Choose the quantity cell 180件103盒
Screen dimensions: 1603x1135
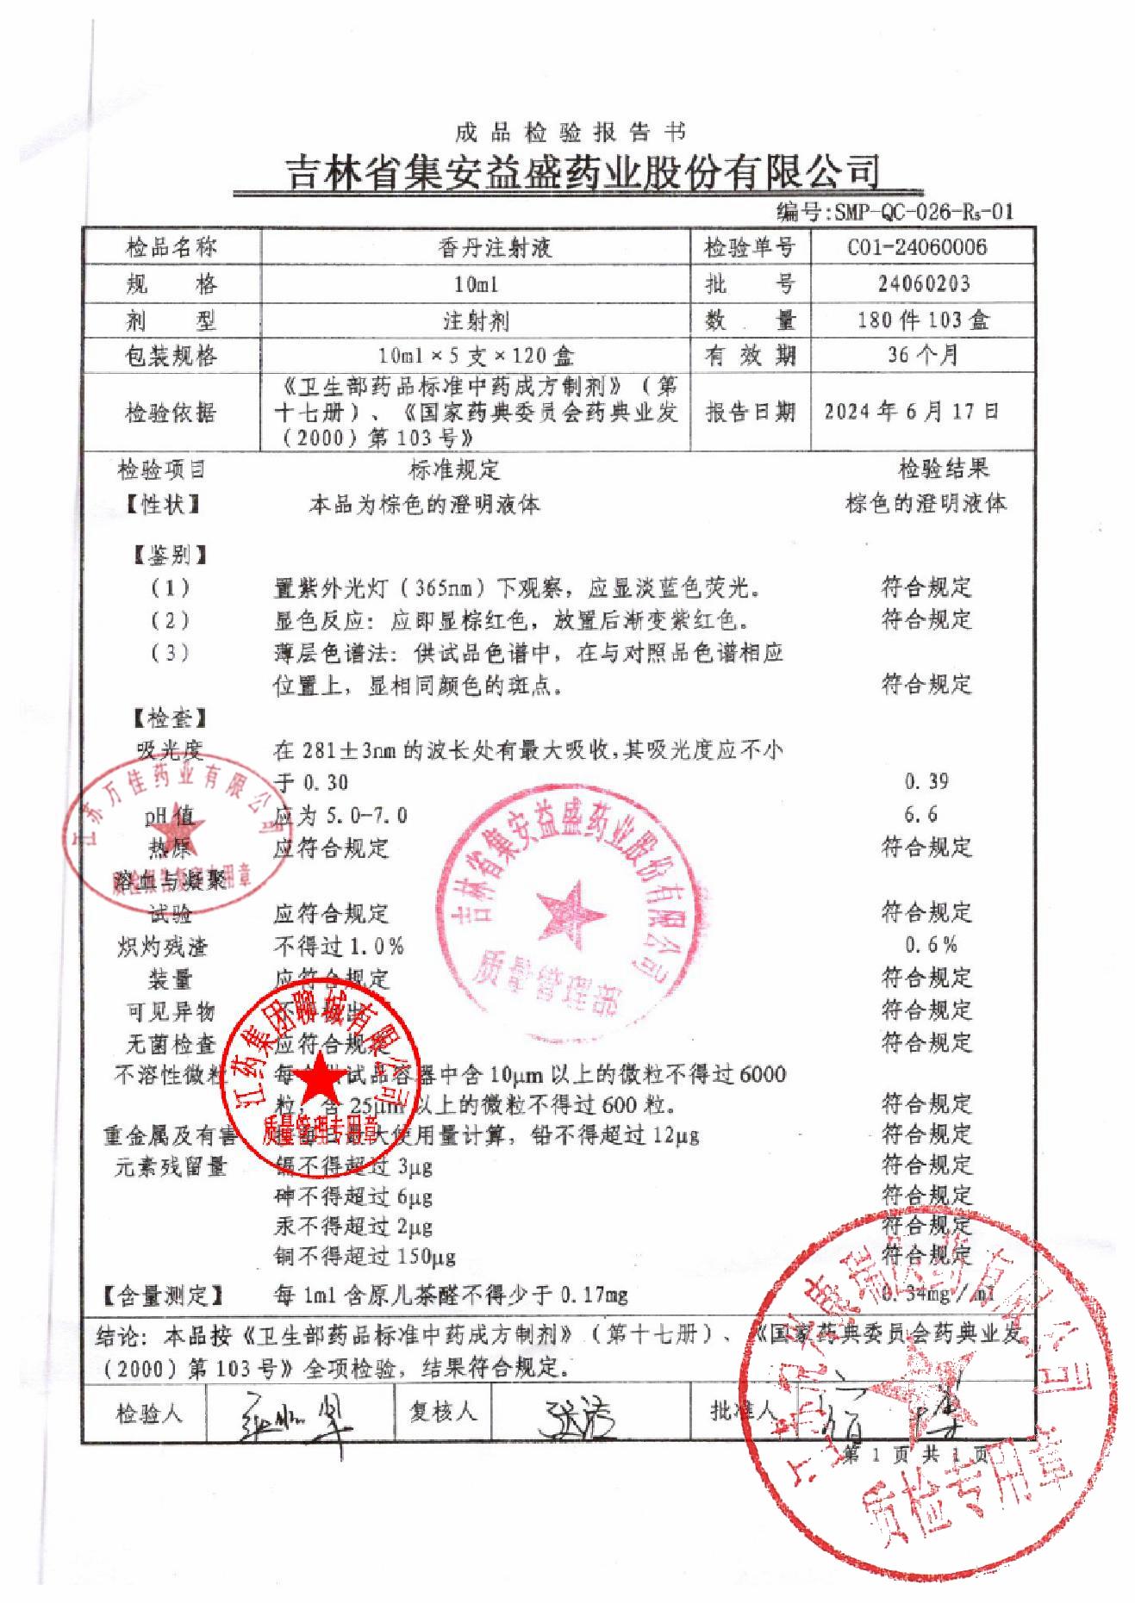coord(923,320)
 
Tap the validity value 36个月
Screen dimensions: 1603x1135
coord(923,355)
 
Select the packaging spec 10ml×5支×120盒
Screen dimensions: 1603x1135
coord(477,356)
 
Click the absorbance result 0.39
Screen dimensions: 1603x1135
coord(926,781)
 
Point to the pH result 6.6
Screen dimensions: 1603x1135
coord(921,814)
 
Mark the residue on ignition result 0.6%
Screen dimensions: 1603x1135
coord(931,945)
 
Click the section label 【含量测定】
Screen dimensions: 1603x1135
coord(163,1295)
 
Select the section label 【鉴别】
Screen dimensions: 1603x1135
coord(170,556)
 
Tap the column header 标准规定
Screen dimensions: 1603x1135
coord(453,470)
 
